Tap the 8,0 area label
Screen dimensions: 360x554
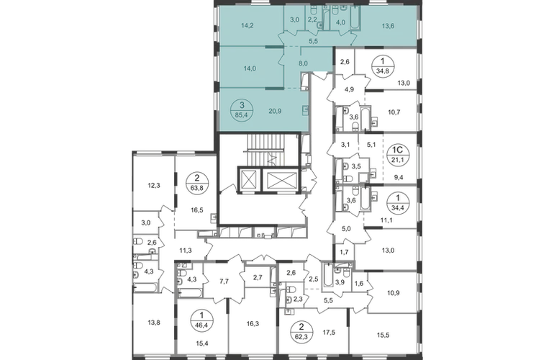click(x=303, y=63)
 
